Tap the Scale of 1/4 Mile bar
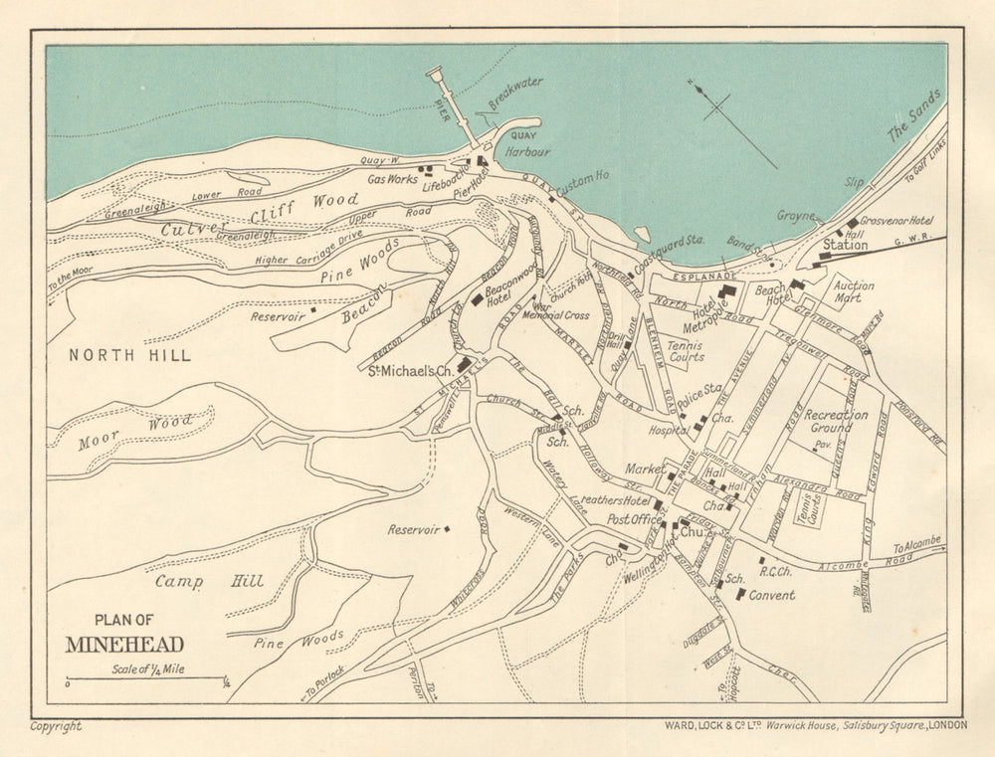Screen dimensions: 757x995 pyautogui.click(x=145, y=679)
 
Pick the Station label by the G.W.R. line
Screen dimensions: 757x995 pyautogui.click(x=845, y=245)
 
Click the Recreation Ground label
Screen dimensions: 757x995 pyautogui.click(x=835, y=421)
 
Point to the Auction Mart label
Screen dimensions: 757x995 pyautogui.click(x=853, y=291)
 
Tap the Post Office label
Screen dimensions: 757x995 pyautogui.click(x=634, y=519)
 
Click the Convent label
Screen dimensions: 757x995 pyautogui.click(x=772, y=595)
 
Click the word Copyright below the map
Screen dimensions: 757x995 pyautogui.click(x=56, y=727)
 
